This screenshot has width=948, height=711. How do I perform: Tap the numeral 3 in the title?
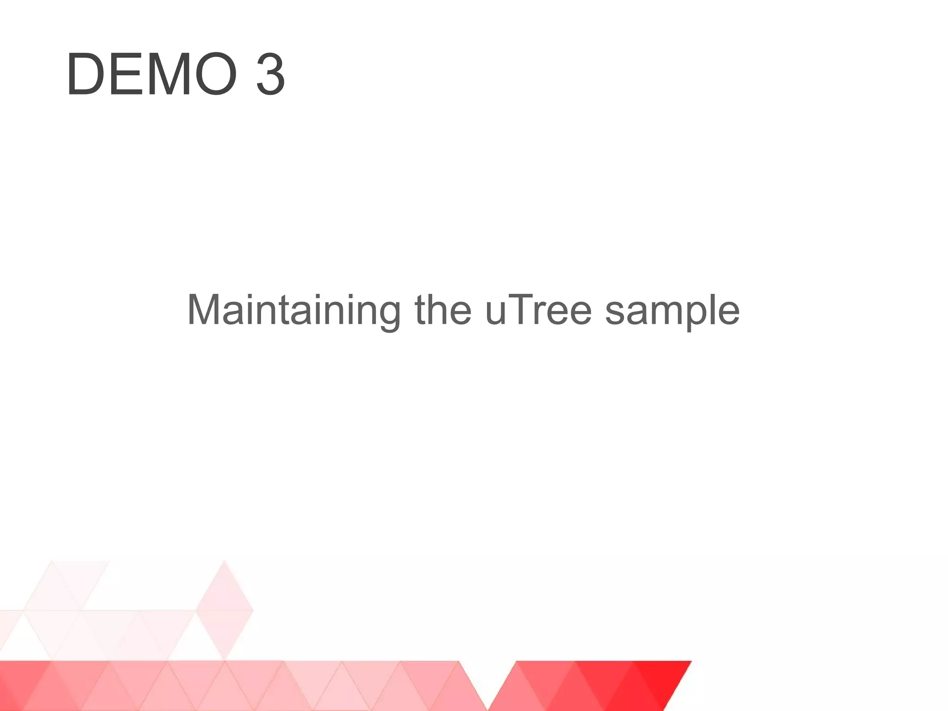270,75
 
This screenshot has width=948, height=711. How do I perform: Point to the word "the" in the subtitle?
443,310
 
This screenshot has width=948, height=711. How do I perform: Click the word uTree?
538,310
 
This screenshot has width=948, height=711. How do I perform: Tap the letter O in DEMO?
213,75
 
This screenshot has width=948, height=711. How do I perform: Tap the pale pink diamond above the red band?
225,610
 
